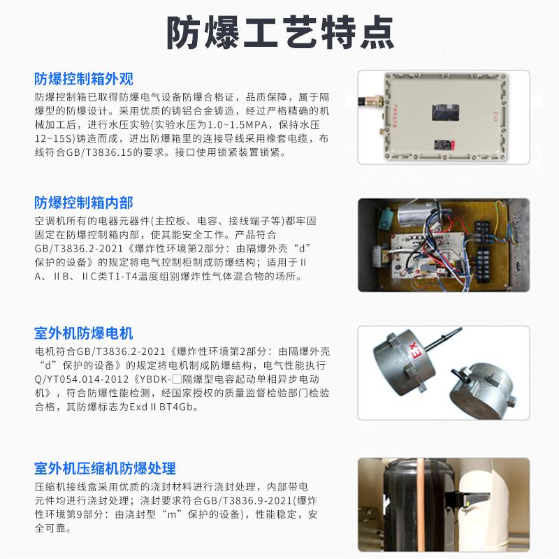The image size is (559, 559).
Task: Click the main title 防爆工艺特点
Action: [x=279, y=31]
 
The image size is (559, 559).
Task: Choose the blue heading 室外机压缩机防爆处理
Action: [x=106, y=467]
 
